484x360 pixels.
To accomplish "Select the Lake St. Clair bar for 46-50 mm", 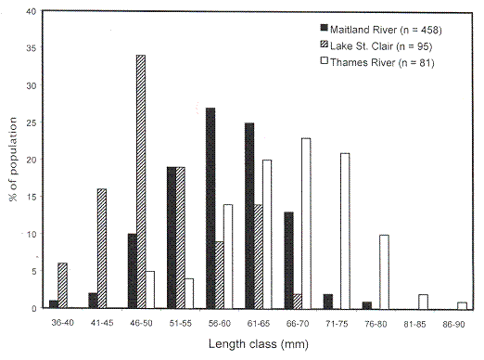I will [x=140, y=182].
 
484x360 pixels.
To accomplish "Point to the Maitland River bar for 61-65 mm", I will [x=249, y=215].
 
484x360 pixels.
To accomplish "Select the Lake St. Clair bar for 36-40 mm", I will [x=62, y=286].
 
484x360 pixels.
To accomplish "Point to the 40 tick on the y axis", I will [x=32, y=11].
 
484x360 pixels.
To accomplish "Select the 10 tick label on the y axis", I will [x=32, y=234].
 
